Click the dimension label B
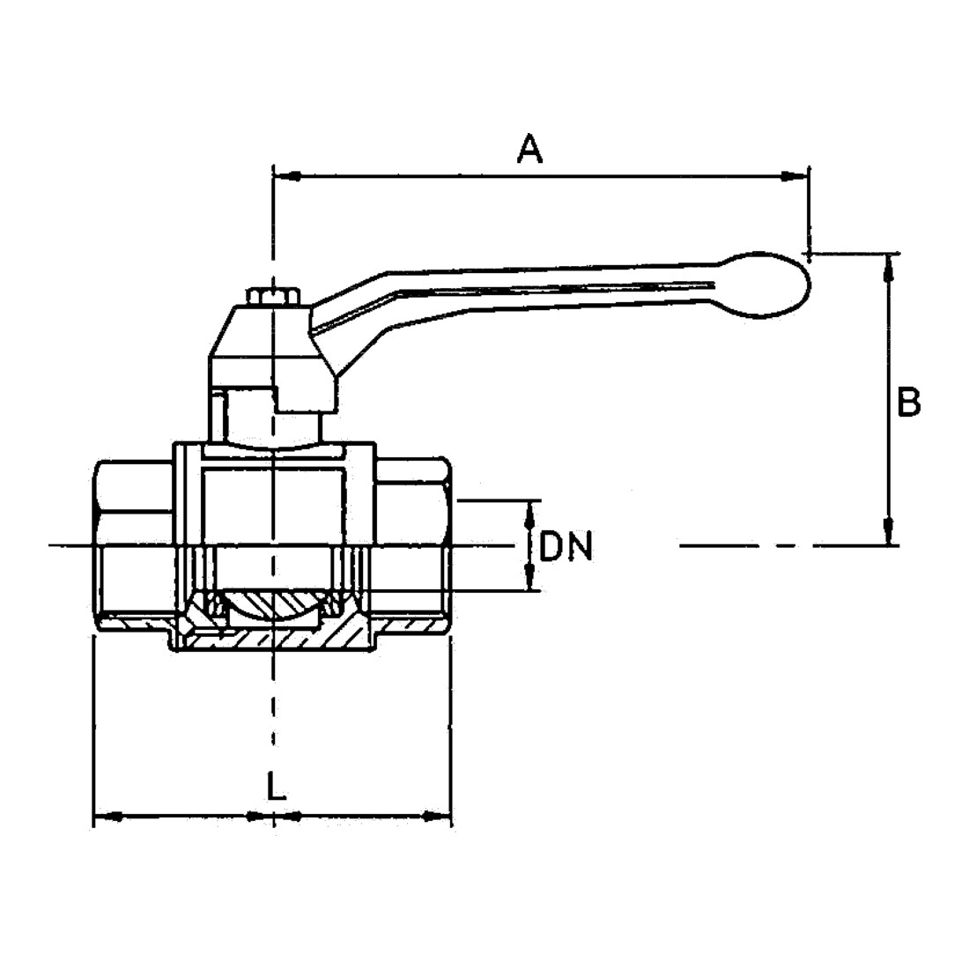coord(908,403)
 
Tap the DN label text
coord(566,546)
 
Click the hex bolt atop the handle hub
coord(272,296)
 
